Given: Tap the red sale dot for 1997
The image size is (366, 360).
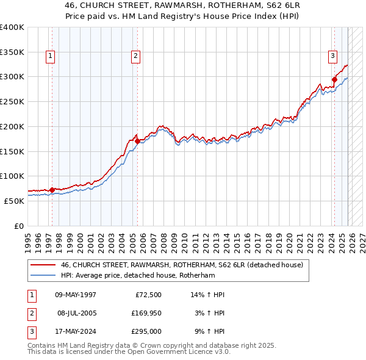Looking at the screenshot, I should pyautogui.click(x=52, y=190).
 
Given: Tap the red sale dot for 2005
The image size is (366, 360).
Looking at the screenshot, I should pyautogui.click(x=137, y=141).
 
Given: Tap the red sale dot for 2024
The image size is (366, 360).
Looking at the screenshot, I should pyautogui.click(x=335, y=79).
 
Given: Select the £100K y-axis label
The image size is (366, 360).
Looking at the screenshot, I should pyautogui.click(x=12, y=176).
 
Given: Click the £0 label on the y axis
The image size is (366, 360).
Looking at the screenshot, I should pyautogui.click(x=19, y=226).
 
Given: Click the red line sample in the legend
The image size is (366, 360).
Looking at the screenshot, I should pyautogui.click(x=42, y=265).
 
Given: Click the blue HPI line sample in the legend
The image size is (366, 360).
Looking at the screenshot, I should pyautogui.click(x=42, y=276).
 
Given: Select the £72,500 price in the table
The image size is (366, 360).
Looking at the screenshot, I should pyautogui.click(x=146, y=295).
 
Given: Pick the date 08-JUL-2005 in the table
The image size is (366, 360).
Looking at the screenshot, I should pyautogui.click(x=77, y=313).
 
